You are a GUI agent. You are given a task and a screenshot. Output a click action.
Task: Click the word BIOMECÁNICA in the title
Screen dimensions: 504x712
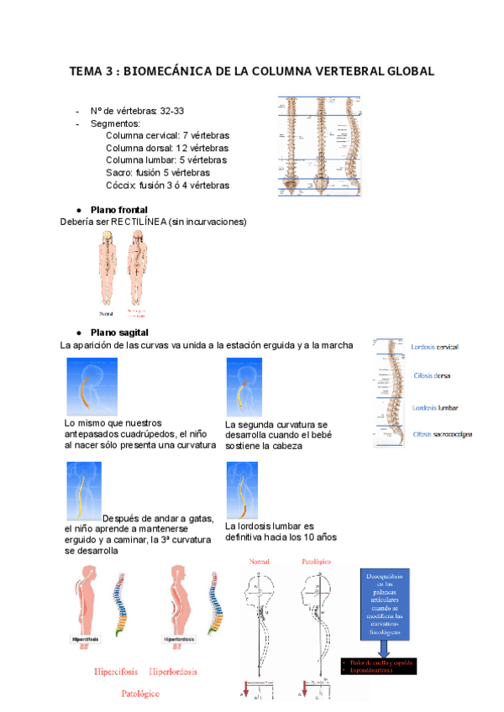click(x=165, y=72)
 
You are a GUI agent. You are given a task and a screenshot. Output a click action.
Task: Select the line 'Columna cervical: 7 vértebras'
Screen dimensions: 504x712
click(x=167, y=135)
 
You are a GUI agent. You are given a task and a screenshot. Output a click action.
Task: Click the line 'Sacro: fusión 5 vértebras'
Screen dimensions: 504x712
click(x=158, y=172)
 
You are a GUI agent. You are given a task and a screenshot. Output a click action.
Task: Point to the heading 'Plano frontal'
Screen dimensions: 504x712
click(x=118, y=209)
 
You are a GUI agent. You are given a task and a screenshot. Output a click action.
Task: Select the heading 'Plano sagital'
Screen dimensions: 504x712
click(x=118, y=332)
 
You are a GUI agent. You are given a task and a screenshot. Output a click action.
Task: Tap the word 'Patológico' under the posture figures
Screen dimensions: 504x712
click(x=140, y=694)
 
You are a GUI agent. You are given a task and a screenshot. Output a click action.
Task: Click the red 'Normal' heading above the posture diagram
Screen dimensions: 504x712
click(x=257, y=560)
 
